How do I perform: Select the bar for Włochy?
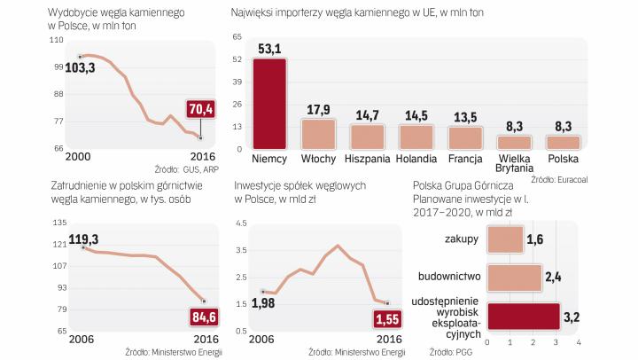[318, 133]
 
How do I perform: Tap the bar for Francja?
[465, 137]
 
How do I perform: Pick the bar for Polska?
[563, 142]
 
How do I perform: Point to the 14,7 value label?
[367, 115]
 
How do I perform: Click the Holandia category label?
[416, 159]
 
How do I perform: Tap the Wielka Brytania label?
[514, 164]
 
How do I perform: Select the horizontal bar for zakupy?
[505, 239]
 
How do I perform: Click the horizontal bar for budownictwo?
[514, 275]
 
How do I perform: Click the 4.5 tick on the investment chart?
[239, 223]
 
